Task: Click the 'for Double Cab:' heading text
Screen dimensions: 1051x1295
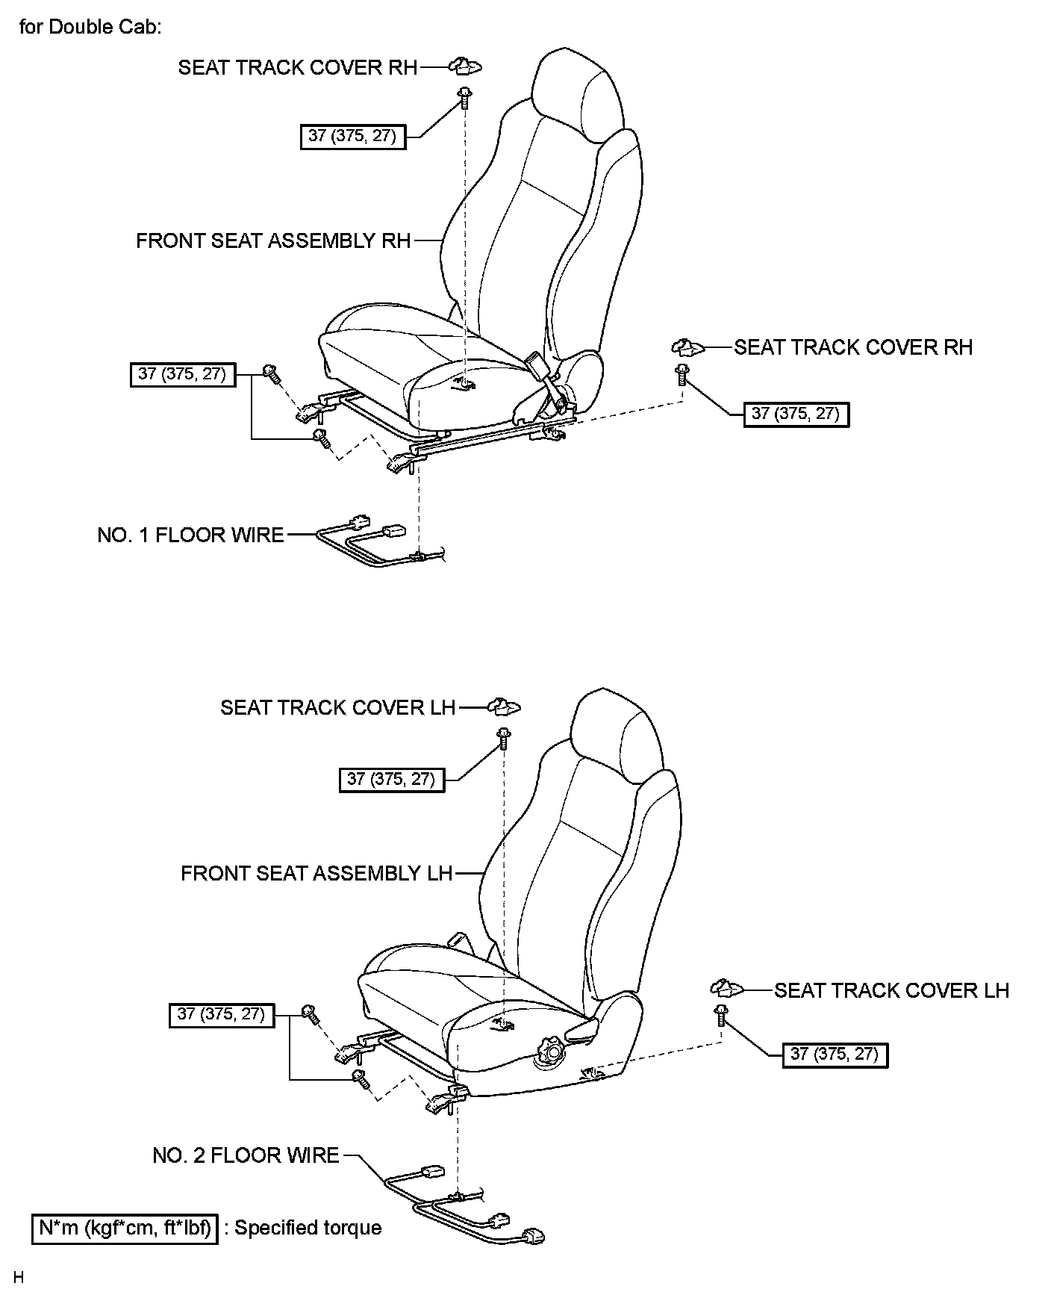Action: [x=90, y=28]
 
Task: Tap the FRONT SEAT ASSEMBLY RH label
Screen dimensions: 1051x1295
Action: [x=273, y=241]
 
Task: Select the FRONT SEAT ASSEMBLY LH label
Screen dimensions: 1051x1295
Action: [x=316, y=873]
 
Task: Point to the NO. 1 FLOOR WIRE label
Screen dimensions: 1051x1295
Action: [x=190, y=535]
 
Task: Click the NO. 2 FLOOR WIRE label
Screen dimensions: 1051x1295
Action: [x=246, y=1155]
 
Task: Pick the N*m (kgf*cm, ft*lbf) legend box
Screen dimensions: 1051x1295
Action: [x=125, y=1229]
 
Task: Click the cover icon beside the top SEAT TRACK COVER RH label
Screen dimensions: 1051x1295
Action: [x=466, y=67]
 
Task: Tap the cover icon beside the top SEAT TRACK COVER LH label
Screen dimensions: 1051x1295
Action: [x=505, y=706]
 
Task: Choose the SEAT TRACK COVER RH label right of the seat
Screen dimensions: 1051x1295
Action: [x=853, y=347]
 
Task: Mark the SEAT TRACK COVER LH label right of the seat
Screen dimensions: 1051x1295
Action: [x=891, y=990]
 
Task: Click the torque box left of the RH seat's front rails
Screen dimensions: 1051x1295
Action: [x=182, y=374]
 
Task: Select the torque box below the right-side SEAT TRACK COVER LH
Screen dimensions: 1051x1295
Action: [x=835, y=1055]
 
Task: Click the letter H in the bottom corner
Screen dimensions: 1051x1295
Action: [x=19, y=1279]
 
